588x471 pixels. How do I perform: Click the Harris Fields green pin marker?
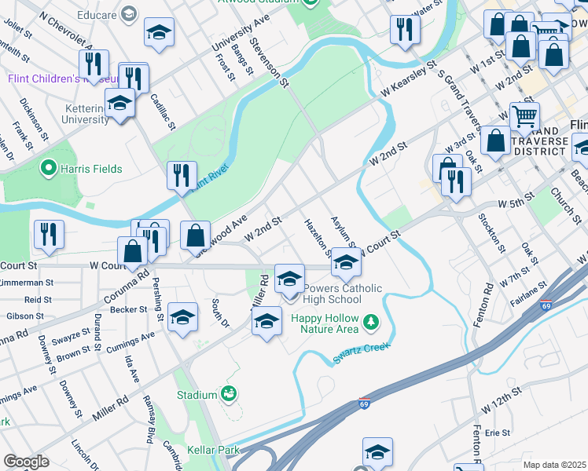pyautogui.click(x=48, y=167)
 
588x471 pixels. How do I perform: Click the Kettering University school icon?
pyautogui.click(x=119, y=104)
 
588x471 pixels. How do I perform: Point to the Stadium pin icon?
pyautogui.click(x=229, y=394)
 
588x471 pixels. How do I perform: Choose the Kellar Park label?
pyautogui.click(x=212, y=451)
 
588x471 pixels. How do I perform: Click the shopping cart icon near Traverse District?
pyautogui.click(x=524, y=118)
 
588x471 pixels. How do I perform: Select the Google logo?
pyautogui.click(x=26, y=462)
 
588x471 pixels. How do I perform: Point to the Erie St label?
pyautogui.click(x=498, y=433)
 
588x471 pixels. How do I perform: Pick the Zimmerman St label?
pyautogui.click(x=27, y=282)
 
